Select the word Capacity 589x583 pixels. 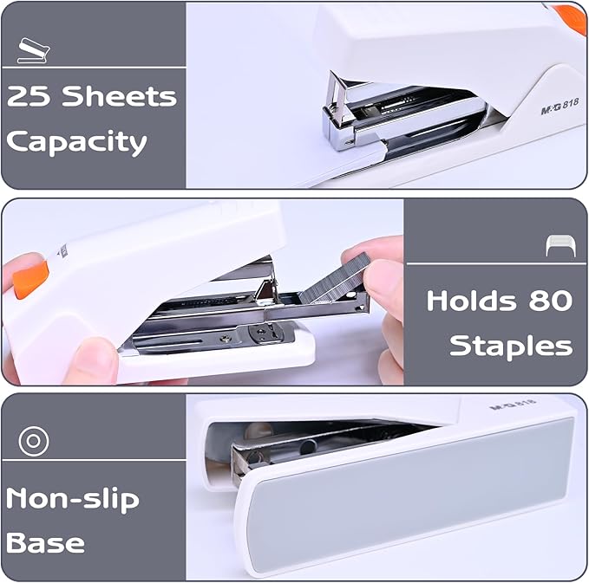tap(76, 140)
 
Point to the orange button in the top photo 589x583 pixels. tap(571, 16)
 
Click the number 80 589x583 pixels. tap(550, 301)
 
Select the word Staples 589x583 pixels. tap(511, 346)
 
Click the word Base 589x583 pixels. tap(45, 542)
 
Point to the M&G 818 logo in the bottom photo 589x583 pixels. tap(512, 402)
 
